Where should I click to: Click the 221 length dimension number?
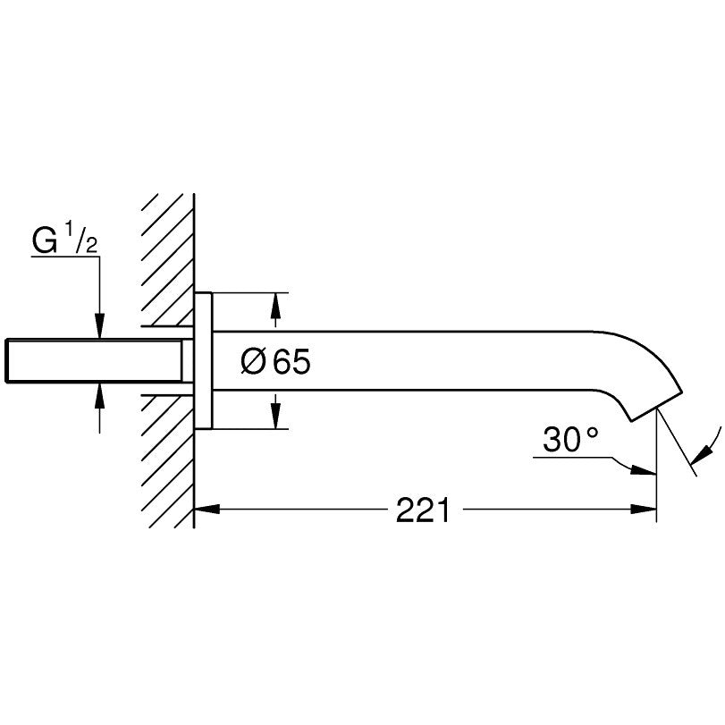pos(423,510)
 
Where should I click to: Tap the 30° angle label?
pos(570,439)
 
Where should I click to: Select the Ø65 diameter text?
pos(275,361)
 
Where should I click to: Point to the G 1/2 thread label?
pos(65,241)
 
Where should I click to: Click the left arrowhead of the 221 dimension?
pos(207,510)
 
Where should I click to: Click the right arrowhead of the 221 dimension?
pos(644,510)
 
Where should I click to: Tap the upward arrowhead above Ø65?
pos(275,305)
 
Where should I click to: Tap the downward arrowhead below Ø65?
pos(275,416)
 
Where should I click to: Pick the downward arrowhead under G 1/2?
pos(99,327)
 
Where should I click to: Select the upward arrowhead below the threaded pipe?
pos(99,395)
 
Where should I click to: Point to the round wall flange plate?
pos(204,361)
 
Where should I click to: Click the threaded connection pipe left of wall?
pos(94,361)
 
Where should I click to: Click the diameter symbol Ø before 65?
pos(253,361)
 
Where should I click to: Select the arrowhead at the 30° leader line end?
pos(644,469)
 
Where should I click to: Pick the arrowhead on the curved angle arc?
pos(700,451)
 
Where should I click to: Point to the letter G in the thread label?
pos(45,241)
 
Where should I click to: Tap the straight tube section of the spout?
pos(402,361)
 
